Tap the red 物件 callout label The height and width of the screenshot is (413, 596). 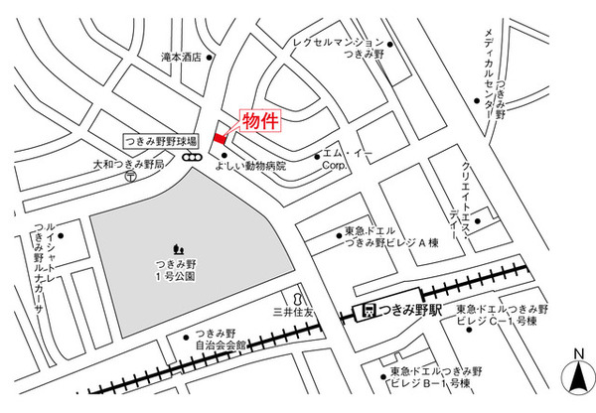pos(261,121)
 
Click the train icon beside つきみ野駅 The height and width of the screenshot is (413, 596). pos(370,310)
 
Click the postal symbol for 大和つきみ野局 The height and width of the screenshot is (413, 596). pos(131,176)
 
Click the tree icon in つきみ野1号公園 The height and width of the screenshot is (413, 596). pos(179,247)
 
